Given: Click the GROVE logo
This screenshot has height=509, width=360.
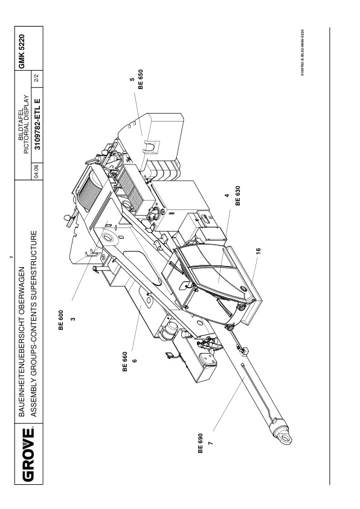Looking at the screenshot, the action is (x=28, y=455).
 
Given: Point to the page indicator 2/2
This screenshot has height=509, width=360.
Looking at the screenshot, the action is (x=37, y=79).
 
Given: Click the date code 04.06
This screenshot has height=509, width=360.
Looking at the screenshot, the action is (x=37, y=171).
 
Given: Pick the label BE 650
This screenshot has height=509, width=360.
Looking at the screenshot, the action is (x=140, y=79).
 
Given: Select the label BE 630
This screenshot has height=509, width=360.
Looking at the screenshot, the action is (x=238, y=196).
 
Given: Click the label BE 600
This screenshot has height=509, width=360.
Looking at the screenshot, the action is (x=61, y=320).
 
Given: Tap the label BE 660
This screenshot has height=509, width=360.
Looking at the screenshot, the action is (x=125, y=361).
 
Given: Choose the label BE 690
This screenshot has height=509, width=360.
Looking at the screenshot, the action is (x=200, y=444).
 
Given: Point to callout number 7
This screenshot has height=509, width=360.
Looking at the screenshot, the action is (x=211, y=443).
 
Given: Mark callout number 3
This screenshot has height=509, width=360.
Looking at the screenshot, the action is (x=73, y=319).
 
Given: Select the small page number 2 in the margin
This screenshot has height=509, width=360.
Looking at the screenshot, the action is (x=11, y=257).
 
